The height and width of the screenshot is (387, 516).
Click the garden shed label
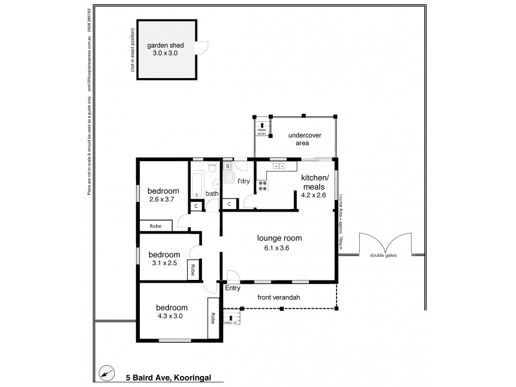(166, 46)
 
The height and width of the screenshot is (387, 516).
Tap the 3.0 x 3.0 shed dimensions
(165, 54)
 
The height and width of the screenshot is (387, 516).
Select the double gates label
(384, 255)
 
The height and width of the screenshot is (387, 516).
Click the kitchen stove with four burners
(263, 186)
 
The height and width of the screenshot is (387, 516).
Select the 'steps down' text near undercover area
(262, 131)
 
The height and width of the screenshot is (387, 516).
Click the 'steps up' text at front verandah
(231, 321)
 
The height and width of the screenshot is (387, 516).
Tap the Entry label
(232, 288)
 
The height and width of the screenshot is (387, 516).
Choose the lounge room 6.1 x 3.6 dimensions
(279, 248)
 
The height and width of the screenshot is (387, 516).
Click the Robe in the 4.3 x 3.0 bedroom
(212, 318)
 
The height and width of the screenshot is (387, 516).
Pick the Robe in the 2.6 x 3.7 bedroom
(155, 226)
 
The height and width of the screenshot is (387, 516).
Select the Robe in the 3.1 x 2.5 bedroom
(192, 270)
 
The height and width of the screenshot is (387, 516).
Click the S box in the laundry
(228, 166)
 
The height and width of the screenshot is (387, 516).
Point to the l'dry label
(244, 181)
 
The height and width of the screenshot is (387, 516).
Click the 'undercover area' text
(304, 139)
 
